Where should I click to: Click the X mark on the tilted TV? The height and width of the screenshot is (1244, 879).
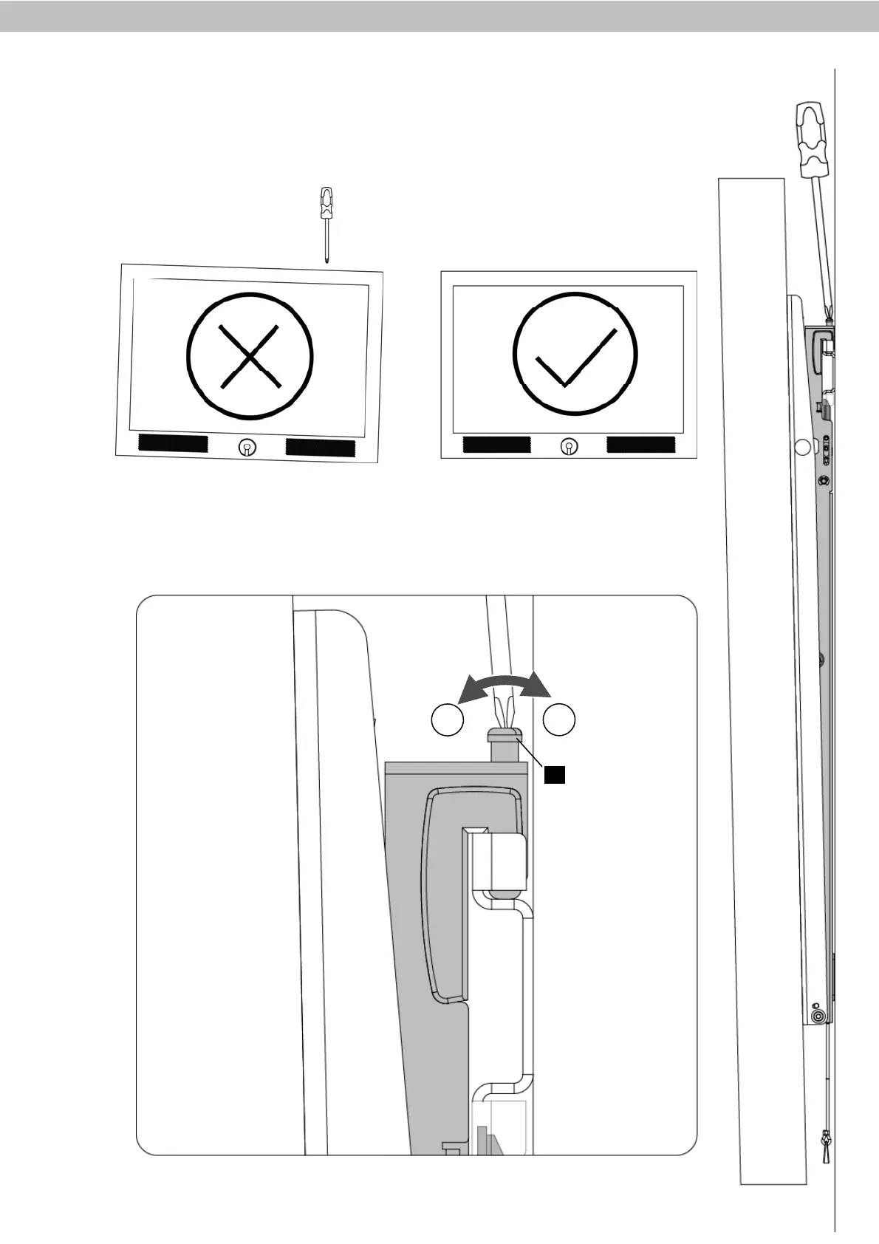tap(250, 358)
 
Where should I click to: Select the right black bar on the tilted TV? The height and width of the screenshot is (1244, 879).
tap(321, 448)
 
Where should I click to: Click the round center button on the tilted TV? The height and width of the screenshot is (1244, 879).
tap(247, 447)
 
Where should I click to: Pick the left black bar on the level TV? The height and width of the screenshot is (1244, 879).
tap(496, 445)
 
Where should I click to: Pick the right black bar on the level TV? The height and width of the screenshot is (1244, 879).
tap(640, 445)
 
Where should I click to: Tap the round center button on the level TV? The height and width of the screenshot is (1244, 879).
tap(569, 446)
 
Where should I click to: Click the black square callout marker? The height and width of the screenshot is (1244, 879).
tap(555, 774)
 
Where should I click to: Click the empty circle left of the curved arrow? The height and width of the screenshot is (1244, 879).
tap(447, 720)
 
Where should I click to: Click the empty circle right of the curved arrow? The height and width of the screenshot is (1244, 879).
tap(559, 720)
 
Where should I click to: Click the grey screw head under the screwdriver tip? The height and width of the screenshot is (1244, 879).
tap(505, 734)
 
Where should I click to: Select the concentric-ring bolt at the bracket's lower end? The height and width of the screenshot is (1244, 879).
tap(818, 1017)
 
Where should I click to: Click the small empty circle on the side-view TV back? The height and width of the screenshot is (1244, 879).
tap(801, 446)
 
